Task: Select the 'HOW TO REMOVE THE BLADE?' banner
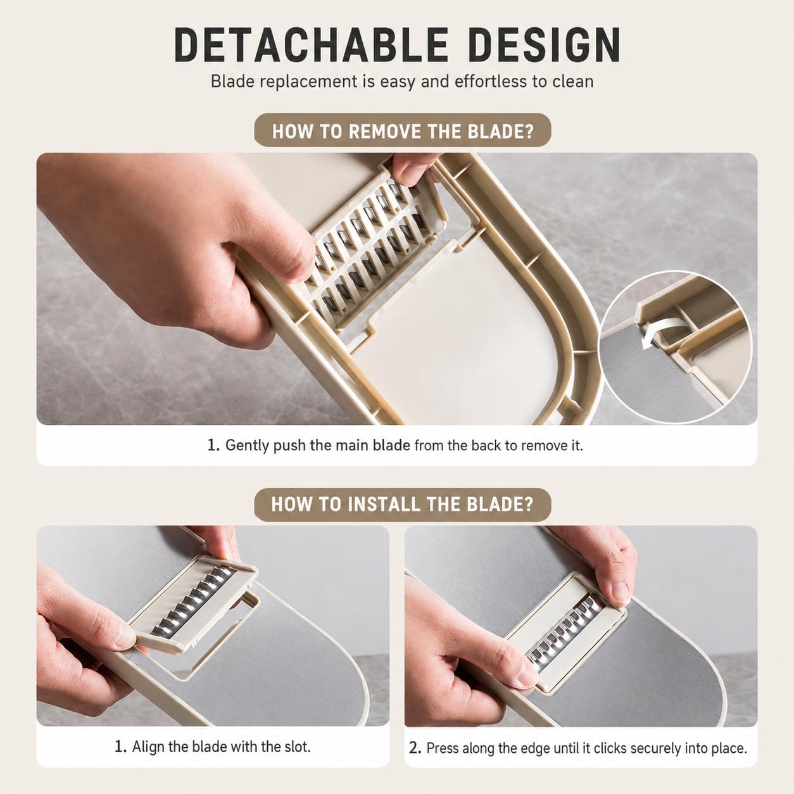point(403,130)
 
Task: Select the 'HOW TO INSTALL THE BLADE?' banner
point(403,505)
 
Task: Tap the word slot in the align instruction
point(298,747)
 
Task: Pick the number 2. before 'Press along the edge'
point(415,748)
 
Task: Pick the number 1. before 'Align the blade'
point(120,747)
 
